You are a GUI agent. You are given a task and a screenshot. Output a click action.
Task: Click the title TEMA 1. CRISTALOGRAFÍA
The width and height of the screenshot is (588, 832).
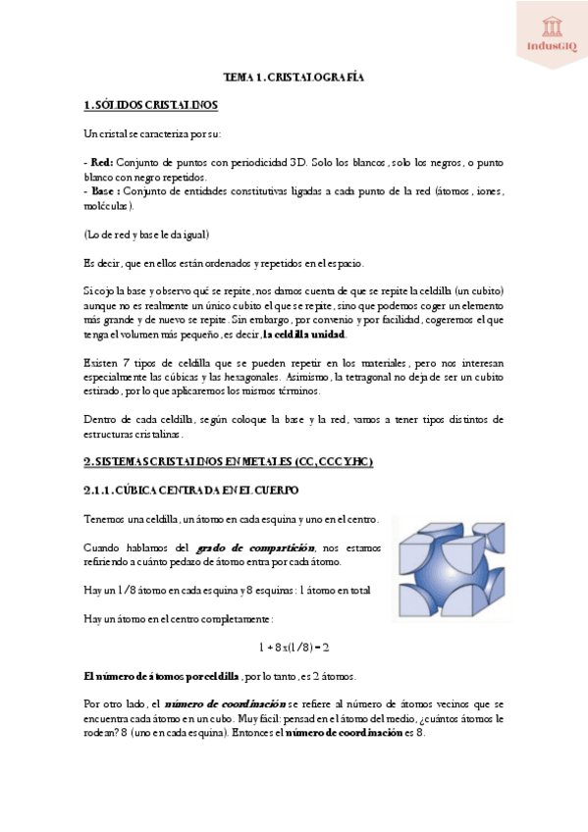[x=294, y=76]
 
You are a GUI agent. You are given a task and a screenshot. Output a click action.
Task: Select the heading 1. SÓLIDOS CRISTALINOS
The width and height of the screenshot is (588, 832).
[x=151, y=104]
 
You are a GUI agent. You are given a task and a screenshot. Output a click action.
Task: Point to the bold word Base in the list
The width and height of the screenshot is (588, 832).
[x=101, y=191]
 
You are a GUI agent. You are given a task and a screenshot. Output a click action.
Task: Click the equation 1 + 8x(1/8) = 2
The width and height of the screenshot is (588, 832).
[x=294, y=648]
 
